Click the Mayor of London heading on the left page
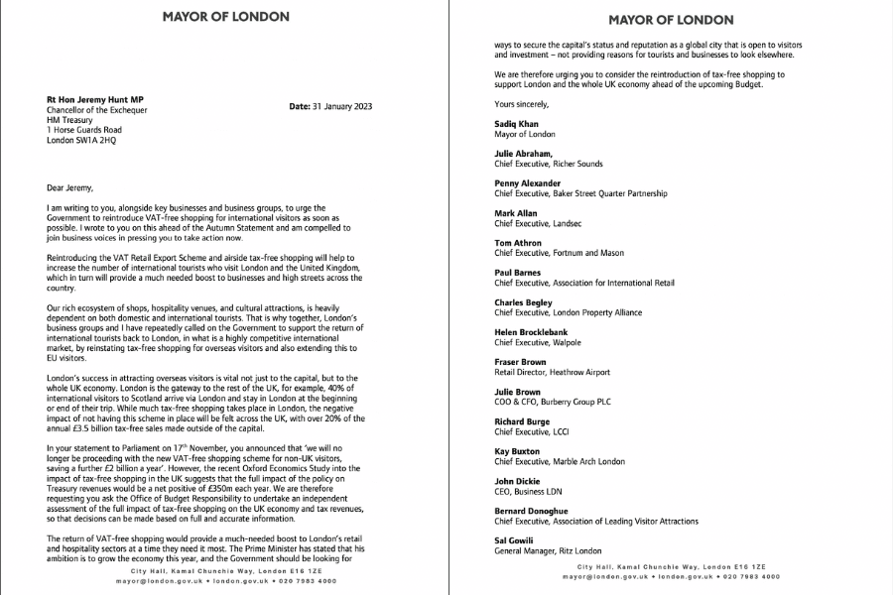click(x=213, y=16)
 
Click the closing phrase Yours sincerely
click(x=520, y=103)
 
